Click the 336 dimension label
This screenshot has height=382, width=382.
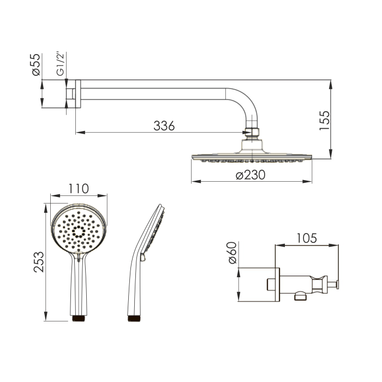164,126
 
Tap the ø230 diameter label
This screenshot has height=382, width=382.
250,175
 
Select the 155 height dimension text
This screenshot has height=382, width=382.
325,121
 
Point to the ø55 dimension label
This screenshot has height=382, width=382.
36,64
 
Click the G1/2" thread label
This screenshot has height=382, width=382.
60,63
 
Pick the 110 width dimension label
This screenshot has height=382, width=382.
79,189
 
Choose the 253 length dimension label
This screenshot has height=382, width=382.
39,262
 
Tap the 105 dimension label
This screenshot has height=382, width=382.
307,238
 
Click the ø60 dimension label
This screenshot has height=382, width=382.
232,253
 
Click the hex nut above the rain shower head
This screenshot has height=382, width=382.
252,132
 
